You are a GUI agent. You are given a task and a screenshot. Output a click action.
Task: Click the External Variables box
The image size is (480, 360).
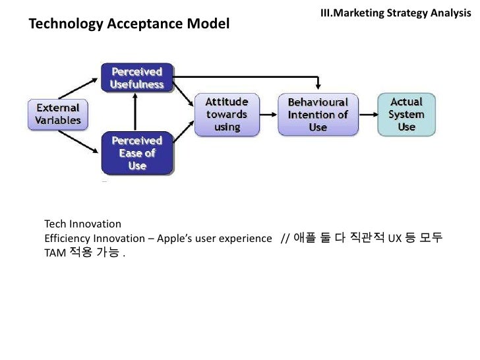pyautogui.click(x=58, y=114)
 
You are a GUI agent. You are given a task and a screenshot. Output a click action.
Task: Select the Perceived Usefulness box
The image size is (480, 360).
pyautogui.click(x=136, y=78)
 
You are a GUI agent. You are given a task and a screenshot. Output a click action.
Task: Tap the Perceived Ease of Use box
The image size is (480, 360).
pyautogui.click(x=136, y=153)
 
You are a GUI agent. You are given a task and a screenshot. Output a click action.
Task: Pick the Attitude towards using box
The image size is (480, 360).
pyautogui.click(x=226, y=114)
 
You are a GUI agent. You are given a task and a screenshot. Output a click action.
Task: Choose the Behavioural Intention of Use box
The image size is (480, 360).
pyautogui.click(x=318, y=114)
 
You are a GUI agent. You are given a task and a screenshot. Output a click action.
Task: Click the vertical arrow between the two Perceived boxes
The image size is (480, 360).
pyautogui.click(x=136, y=112)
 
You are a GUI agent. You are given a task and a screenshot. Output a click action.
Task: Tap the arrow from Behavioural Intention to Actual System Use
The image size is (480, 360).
pyautogui.click(x=369, y=114)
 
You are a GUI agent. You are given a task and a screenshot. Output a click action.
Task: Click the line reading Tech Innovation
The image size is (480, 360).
pyautogui.click(x=82, y=224)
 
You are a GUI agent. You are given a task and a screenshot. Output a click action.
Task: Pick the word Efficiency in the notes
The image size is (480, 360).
pyautogui.click(x=67, y=238)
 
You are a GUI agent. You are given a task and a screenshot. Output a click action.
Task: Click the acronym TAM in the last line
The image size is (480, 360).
pyautogui.click(x=53, y=253)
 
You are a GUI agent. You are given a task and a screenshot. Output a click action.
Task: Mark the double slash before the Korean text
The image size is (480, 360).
pyautogui.click(x=285, y=238)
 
